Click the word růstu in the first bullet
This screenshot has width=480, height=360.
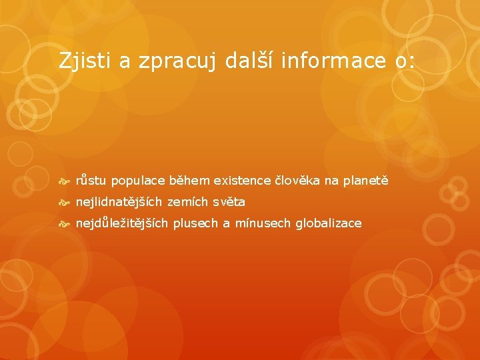pyautogui.click(x=91, y=181)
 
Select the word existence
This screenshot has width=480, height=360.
pyautogui.click(x=242, y=181)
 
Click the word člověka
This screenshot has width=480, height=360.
pyautogui.click(x=297, y=181)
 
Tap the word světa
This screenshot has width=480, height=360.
pyautogui.click(x=229, y=201)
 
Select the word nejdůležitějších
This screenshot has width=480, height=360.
pyautogui.click(x=122, y=223)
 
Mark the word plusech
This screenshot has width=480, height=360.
pyautogui.click(x=195, y=223)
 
